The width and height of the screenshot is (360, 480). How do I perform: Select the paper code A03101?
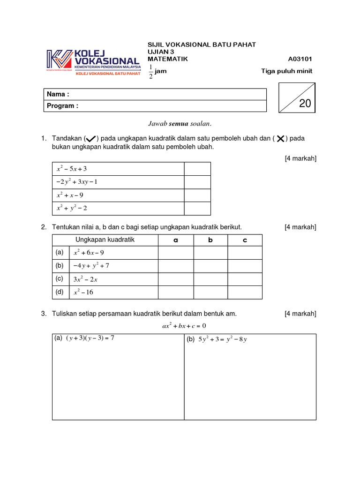pos(300,59)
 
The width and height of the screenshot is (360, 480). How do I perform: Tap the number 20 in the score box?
pos(305,104)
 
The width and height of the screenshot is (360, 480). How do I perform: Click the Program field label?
pos(62,105)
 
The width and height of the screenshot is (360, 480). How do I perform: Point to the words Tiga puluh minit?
pos(286,71)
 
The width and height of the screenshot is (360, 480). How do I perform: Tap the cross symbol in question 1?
pos(280,138)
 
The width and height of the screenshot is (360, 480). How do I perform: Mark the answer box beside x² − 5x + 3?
pos(197,169)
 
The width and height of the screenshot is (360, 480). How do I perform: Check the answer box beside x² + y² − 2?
pos(197,208)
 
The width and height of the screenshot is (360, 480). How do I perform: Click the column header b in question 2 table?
pos(210,240)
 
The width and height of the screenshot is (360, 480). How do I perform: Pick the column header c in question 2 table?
pos(245,240)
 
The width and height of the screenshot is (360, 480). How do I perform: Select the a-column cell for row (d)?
pos(176,292)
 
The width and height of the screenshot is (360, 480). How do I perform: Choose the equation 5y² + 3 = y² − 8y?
pos(222,339)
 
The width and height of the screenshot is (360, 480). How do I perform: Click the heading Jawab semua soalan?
pos(180,124)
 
